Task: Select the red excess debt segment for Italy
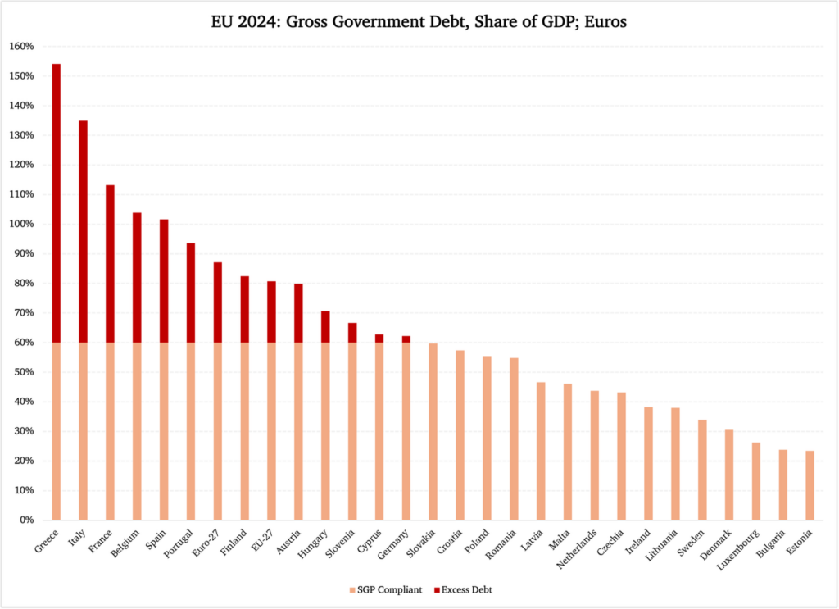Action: [x=83, y=231]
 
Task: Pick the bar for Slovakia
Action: [x=433, y=431]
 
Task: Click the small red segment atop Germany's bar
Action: [x=406, y=339]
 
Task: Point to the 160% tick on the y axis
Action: [x=22, y=47]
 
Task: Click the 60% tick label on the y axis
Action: [x=22, y=343]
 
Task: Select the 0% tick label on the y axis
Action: [x=25, y=520]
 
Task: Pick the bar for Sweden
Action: [x=702, y=470]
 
